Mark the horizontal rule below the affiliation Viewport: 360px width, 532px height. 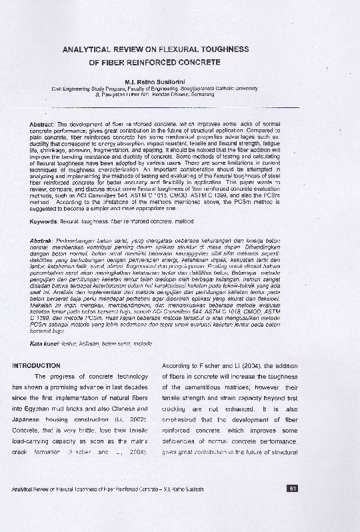coord(181,107)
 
